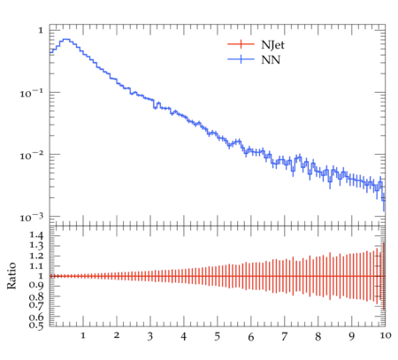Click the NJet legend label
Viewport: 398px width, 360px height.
pyautogui.click(x=272, y=45)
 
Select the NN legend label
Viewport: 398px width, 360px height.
pyautogui.click(x=271, y=60)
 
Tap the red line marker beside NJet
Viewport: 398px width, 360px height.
pyautogui.click(x=241, y=44)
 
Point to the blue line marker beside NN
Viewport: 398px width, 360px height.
pyautogui.click(x=241, y=59)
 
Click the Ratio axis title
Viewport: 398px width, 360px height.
pyautogui.click(x=11, y=276)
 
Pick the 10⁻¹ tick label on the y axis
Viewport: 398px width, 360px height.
pyautogui.click(x=31, y=93)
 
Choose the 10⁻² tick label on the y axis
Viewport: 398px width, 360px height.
pyautogui.click(x=31, y=156)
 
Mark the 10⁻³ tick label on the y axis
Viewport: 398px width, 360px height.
pyautogui.click(x=31, y=218)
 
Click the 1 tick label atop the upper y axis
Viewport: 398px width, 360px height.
pyautogui.click(x=41, y=30)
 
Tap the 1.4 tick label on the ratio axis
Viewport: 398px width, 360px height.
pyautogui.click(x=36, y=235)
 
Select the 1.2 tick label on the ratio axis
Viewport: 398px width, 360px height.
pyautogui.click(x=36, y=256)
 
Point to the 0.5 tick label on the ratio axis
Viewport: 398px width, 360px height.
pyautogui.click(x=36, y=326)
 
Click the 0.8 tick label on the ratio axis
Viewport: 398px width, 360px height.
pyautogui.click(x=36, y=296)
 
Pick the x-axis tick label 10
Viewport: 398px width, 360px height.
pyautogui.click(x=386, y=335)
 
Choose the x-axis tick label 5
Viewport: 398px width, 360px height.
pyautogui.click(x=218, y=336)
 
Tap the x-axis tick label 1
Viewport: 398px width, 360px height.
pyautogui.click(x=83, y=335)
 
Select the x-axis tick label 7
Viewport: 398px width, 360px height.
pyautogui.click(x=284, y=336)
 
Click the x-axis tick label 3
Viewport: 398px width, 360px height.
pyautogui.click(x=150, y=336)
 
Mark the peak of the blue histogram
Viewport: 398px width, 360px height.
pyautogui.click(x=66, y=39)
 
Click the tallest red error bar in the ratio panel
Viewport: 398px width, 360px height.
pyautogui.click(x=384, y=276)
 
